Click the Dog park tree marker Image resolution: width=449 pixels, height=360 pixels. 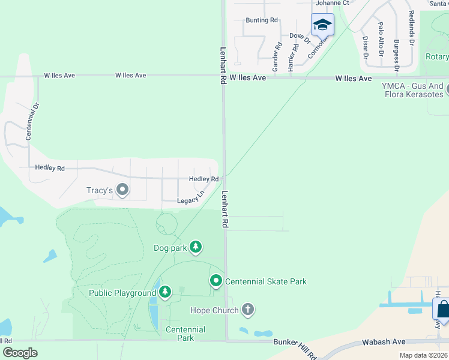click(x=195, y=246)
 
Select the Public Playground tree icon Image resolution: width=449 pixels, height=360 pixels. click(x=165, y=292)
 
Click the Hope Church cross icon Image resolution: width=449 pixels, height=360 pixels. click(x=247, y=310)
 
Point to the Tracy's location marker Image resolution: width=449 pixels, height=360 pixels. click(x=122, y=190)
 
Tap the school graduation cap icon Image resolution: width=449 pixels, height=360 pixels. click(x=322, y=25)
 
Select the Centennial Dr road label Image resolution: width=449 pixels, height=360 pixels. click(x=32, y=122)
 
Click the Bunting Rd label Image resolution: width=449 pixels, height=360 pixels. click(x=261, y=20)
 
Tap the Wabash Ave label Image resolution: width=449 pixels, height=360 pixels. click(x=383, y=342)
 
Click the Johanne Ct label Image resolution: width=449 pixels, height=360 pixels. click(x=332, y=3)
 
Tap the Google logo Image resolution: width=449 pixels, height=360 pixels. click(x=20, y=353)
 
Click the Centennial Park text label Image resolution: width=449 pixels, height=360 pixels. click(x=185, y=334)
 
